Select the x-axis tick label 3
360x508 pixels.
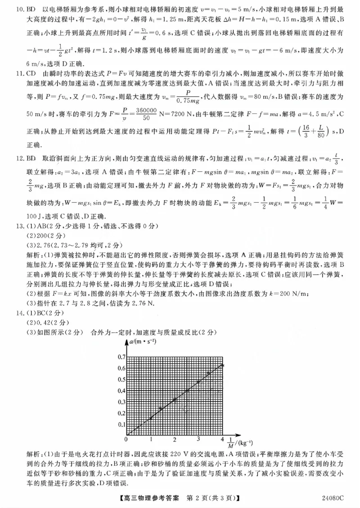click(198, 439)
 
